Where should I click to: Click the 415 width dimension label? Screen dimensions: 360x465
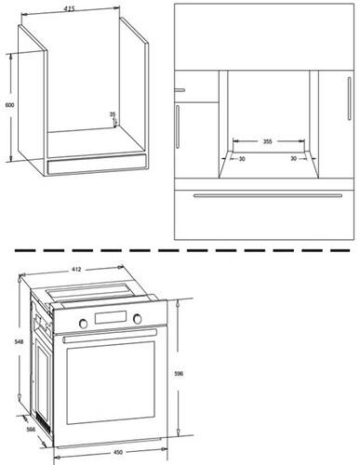pos(69,9)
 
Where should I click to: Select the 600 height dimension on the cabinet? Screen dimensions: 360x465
pos(10,105)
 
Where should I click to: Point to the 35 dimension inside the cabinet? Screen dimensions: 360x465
pos(113,114)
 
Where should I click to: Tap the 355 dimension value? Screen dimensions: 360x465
pos(267,141)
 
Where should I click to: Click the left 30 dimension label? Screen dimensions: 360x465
pos(242,159)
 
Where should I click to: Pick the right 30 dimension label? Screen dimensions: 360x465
pos(293,158)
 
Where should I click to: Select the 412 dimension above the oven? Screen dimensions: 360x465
pos(76,270)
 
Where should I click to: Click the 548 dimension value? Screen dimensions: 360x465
pos(19,341)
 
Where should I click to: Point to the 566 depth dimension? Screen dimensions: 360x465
pos(31,430)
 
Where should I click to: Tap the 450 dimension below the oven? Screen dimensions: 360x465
pos(118,452)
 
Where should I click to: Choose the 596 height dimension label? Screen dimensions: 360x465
pos(179,374)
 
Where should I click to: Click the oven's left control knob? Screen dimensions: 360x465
pos(83,324)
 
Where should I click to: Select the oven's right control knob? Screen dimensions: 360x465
pos(137,319)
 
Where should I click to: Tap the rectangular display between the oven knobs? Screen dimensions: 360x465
pos(111,317)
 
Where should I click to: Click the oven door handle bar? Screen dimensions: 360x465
pos(110,336)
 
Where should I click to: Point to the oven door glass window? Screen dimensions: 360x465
pos(111,383)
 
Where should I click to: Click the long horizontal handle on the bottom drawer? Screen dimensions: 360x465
pos(268,195)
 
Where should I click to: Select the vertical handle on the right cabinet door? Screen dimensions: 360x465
pos(349,99)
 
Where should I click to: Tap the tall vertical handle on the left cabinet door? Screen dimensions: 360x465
pos(178,126)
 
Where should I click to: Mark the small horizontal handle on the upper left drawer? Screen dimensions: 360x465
pos(180,90)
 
